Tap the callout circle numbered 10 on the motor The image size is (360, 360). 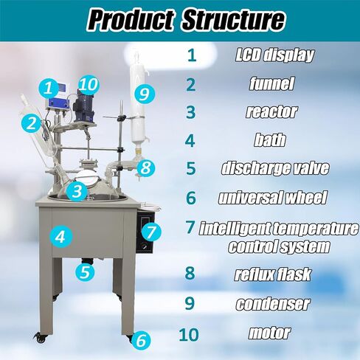[x=88, y=84]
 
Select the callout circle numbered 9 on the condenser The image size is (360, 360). [x=145, y=94]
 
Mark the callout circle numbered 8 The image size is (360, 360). [x=146, y=167]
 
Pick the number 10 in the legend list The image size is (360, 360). [x=190, y=333]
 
